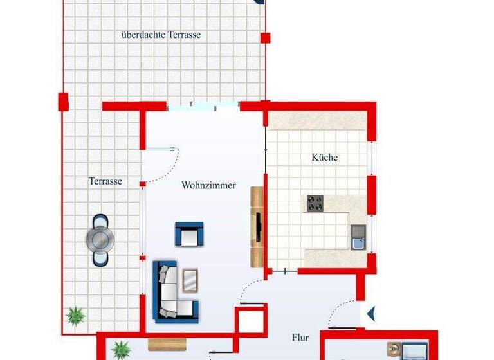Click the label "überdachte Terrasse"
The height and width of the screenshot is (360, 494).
(x=161, y=35)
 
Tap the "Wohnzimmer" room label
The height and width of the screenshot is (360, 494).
(x=208, y=186)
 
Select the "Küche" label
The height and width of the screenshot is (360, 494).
(x=325, y=157)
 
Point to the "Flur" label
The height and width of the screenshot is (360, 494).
(x=300, y=337)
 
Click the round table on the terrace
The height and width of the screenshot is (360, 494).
(x=100, y=239)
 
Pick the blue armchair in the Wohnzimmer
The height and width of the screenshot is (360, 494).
(x=189, y=233)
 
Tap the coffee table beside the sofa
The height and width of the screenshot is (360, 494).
(x=190, y=280)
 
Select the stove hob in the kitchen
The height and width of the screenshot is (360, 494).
(x=315, y=203)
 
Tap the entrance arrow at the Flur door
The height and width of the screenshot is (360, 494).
(x=372, y=314)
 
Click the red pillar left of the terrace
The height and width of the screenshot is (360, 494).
(x=63, y=101)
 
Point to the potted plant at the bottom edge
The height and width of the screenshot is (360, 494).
(x=120, y=350)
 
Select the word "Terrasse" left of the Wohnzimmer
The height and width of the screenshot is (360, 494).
(x=105, y=181)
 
